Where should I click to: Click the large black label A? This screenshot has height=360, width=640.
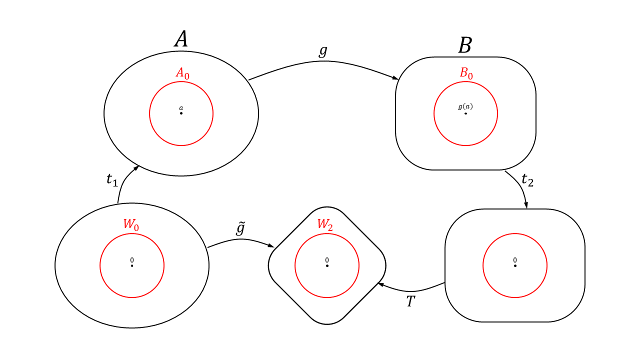(181, 39)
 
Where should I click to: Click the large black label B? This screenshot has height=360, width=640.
(465, 46)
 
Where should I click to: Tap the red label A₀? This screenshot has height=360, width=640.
(182, 73)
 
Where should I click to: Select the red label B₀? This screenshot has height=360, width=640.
(466, 73)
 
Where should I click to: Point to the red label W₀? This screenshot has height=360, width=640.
(131, 224)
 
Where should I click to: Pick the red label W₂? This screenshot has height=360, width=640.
(325, 224)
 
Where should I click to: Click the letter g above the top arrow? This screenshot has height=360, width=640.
(323, 51)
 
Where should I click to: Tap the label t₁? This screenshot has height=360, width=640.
(112, 179)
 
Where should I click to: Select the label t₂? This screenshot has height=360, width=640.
(527, 179)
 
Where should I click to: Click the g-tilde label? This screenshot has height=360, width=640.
(240, 228)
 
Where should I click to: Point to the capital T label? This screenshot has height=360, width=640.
(410, 301)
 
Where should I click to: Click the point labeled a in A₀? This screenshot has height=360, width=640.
(181, 113)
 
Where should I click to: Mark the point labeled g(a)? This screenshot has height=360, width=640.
(465, 113)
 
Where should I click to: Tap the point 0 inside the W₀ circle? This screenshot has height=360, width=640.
(132, 265)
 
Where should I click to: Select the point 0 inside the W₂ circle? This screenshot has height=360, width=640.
(327, 265)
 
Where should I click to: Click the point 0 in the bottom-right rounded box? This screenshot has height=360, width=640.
(515, 265)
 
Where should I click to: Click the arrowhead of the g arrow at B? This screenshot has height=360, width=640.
(395, 78)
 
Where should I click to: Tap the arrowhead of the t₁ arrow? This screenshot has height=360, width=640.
(136, 167)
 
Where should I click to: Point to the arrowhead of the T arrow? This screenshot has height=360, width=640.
(380, 284)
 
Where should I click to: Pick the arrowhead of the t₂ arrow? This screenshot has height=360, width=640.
(526, 205)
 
